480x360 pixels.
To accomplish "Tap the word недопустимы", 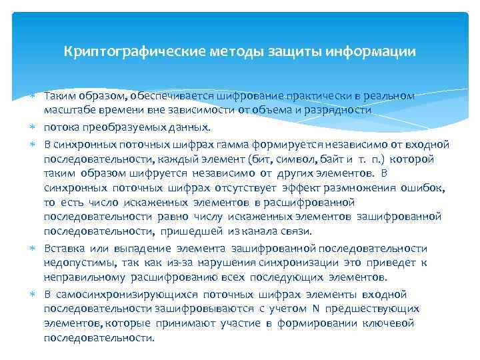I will tap(73, 263).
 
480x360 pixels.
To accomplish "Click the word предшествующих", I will tap(377, 308).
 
